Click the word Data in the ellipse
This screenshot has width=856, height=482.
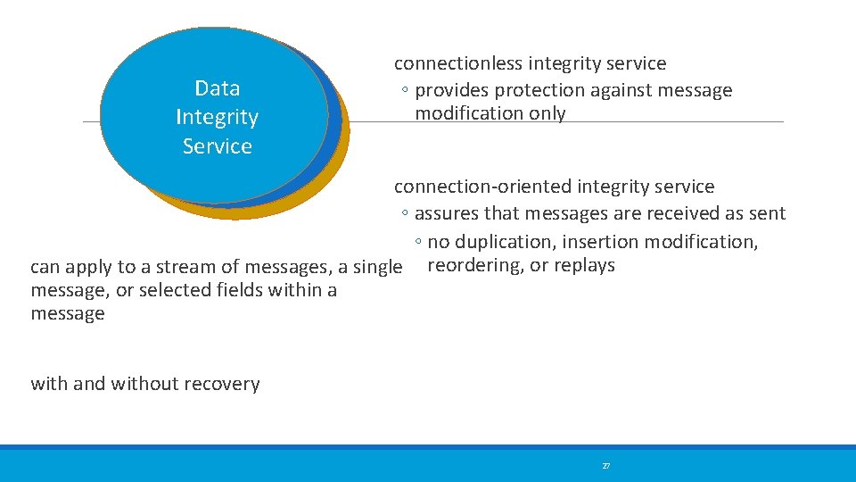click(x=218, y=88)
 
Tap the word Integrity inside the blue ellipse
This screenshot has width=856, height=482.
click(x=218, y=117)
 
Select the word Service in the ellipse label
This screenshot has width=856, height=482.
click(x=218, y=146)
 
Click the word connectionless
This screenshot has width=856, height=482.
click(x=459, y=63)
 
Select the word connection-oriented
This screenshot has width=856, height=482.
click(x=482, y=187)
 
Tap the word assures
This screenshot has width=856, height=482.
click(x=447, y=213)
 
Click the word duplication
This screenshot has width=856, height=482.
click(x=504, y=242)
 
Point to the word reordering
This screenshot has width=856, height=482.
click(x=475, y=265)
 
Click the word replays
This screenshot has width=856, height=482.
click(x=584, y=265)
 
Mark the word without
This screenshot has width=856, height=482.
click(x=143, y=385)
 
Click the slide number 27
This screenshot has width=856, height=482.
click(x=606, y=466)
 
